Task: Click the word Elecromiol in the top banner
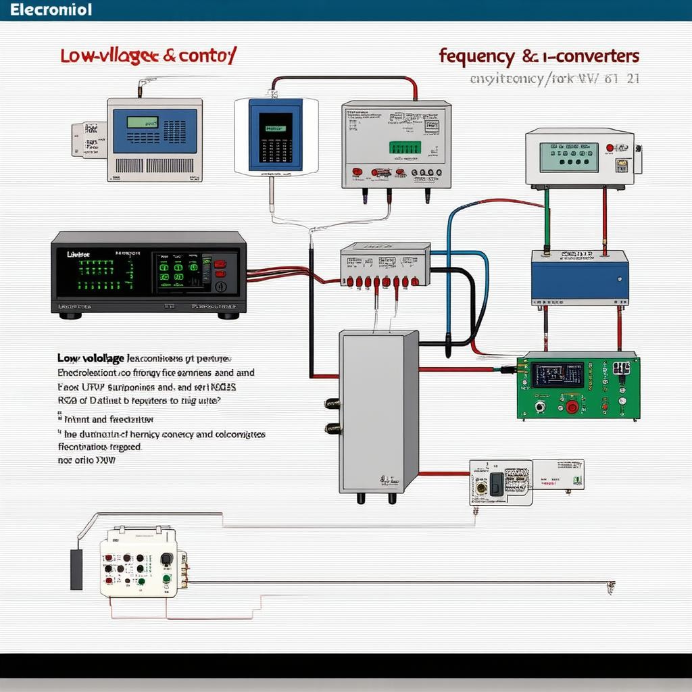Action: click(x=47, y=10)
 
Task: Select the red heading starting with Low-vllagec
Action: click(x=147, y=57)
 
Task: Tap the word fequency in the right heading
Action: click(x=480, y=55)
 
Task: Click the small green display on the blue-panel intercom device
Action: click(x=143, y=123)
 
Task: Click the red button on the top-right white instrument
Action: click(x=610, y=147)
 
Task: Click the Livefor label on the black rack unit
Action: click(x=79, y=255)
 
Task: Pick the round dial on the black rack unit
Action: click(x=220, y=286)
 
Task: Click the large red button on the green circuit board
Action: click(x=572, y=407)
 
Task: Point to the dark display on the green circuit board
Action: click(x=557, y=374)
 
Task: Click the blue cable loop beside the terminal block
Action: click(x=466, y=284)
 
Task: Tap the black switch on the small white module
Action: click(x=496, y=483)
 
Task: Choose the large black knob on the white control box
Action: click(x=166, y=560)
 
